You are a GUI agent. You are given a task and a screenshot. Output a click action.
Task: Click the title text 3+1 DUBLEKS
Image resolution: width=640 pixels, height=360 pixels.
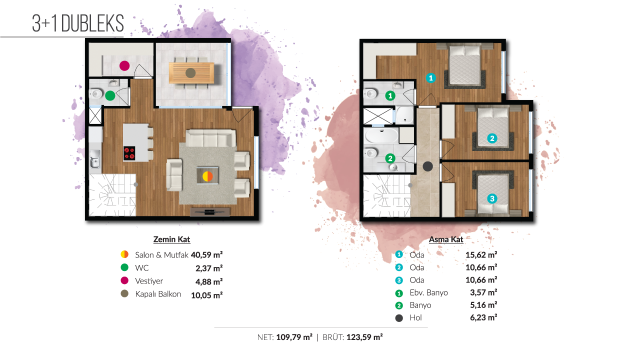pos(78,23)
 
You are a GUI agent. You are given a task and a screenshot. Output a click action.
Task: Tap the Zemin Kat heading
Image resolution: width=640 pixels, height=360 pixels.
pos(171,239)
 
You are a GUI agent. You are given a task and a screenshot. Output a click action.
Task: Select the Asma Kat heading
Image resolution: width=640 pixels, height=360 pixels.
pos(446,239)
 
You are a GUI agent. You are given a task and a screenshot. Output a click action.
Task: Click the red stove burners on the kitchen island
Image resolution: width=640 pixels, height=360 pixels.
pos(129,153)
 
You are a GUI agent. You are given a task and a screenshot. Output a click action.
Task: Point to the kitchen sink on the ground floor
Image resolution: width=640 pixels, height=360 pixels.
pos(94,159)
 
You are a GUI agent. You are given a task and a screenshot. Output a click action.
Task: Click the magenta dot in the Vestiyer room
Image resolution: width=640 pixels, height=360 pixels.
pos(124,65)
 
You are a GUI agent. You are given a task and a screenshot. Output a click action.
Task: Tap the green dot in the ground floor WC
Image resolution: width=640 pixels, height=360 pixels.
pos(110,95)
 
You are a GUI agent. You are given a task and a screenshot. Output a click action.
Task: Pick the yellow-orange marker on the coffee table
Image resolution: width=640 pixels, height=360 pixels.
pos(207,176)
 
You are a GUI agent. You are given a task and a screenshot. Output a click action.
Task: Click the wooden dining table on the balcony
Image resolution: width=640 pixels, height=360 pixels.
pos(191,73)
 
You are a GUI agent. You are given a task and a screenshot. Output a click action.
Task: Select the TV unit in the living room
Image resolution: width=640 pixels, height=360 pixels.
pos(210,211)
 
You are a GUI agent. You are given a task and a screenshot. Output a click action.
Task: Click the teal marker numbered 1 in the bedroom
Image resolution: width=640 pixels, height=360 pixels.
pos(431,77)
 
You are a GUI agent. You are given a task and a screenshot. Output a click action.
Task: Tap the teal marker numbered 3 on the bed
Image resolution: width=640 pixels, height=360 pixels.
pos(492,198)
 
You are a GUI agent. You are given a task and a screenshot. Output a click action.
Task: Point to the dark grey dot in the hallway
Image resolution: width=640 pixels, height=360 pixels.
pos(427,166)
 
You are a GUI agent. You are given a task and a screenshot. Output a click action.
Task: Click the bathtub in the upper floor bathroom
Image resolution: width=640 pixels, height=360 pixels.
pos(381,135)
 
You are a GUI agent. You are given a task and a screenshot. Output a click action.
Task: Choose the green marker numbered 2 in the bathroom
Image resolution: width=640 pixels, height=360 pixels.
pos(390,158)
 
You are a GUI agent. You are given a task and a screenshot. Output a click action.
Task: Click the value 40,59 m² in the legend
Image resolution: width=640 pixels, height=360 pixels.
pos(207,254)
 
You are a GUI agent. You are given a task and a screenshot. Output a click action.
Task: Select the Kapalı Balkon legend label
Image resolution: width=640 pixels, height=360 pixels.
pos(158,294)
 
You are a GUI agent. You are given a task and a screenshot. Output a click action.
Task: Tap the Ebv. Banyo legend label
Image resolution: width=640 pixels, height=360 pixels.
pos(428,292)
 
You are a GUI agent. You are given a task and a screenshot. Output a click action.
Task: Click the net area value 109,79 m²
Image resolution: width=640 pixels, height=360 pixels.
pos(294,337)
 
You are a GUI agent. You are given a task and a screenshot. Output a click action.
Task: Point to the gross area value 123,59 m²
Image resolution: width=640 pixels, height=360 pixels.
pos(364,337)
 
